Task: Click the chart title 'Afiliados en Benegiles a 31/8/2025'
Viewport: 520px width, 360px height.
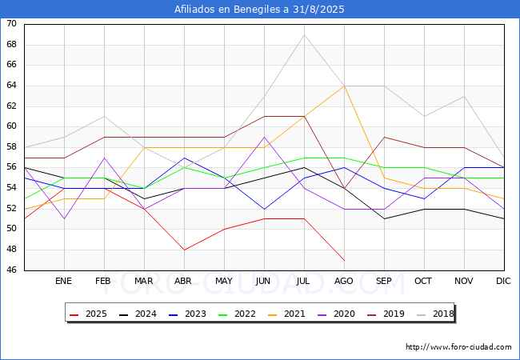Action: tap(260, 10)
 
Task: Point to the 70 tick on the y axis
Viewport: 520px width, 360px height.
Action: tap(11, 24)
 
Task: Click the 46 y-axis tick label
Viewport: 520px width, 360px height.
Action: tap(11, 270)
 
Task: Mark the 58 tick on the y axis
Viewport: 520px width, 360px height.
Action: tap(11, 147)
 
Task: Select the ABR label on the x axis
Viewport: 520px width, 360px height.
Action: tap(184, 282)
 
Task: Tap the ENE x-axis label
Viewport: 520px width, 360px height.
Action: tap(64, 282)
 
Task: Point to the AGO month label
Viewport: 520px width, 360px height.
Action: tap(344, 282)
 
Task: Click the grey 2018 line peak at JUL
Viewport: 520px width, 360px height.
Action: tap(304, 34)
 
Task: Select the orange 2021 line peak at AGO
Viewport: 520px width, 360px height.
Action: tap(344, 86)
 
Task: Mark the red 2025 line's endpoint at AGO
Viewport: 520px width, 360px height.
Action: tap(344, 260)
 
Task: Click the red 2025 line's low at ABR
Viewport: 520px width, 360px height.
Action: tap(184, 250)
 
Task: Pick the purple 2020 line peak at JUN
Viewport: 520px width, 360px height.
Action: tap(264, 137)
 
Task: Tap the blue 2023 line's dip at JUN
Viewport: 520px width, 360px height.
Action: tap(264, 209)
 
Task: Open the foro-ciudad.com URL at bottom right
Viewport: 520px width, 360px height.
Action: tap(458, 347)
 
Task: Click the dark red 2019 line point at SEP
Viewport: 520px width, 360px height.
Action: tap(384, 137)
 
